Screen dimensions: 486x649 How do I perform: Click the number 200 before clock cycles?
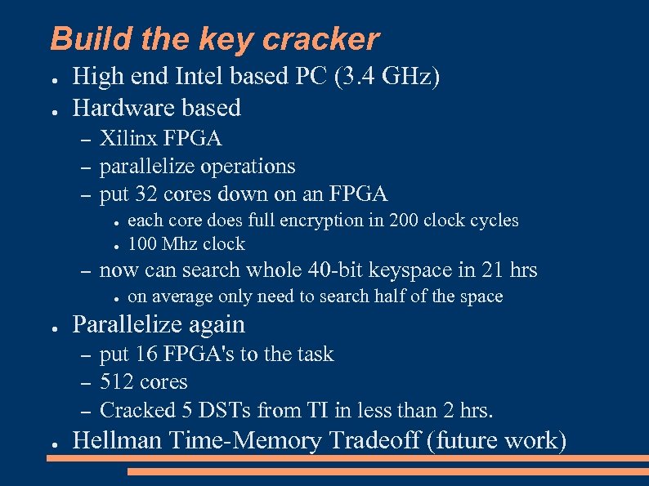(x=405, y=221)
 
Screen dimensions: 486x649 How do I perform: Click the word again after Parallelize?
(x=217, y=325)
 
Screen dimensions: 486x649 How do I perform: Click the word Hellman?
(x=118, y=441)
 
